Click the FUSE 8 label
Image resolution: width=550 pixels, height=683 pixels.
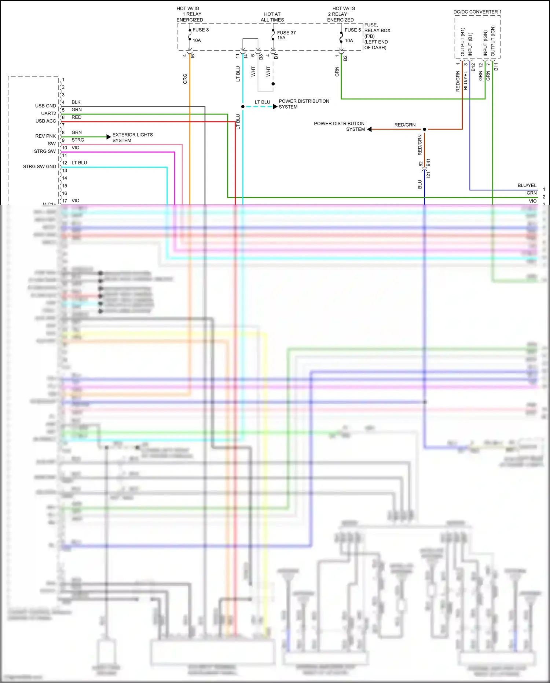point(201,30)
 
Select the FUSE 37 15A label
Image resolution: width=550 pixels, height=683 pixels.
point(286,35)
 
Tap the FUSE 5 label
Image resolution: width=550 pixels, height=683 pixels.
point(352,30)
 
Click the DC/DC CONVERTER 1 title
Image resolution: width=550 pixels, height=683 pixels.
point(477,12)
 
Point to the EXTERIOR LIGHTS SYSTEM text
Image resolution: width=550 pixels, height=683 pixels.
point(132,138)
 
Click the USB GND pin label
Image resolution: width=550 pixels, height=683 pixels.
point(45,106)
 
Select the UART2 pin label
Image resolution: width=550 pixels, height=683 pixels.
point(48,113)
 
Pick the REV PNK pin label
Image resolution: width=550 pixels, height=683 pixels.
point(45,136)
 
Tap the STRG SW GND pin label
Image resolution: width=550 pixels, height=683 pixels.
point(39,167)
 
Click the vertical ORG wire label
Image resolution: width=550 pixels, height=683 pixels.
point(185,79)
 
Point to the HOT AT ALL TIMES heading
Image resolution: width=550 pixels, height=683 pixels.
point(272,17)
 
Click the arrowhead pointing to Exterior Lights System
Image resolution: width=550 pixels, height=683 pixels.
point(109,137)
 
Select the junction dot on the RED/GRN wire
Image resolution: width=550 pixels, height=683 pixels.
point(425,129)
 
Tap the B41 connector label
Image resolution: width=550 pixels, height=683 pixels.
point(428,163)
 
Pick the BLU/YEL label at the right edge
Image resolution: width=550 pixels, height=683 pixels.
point(527,186)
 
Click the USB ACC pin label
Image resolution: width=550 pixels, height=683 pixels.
point(45,121)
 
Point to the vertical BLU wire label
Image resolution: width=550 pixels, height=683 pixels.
point(420,184)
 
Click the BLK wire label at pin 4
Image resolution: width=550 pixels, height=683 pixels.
point(76,102)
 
